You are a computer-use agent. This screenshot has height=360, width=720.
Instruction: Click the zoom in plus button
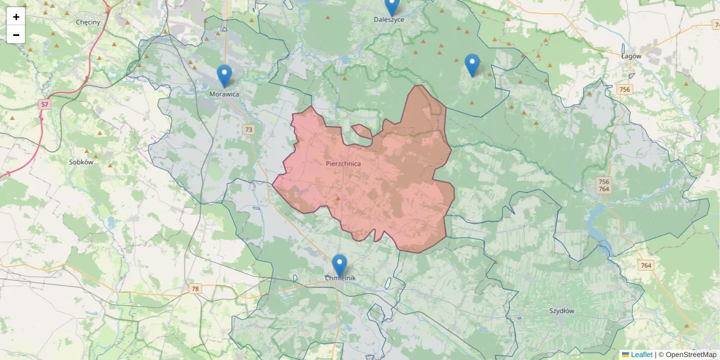coord(16,17)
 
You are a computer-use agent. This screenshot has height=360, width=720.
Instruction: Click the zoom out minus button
coord(16,35)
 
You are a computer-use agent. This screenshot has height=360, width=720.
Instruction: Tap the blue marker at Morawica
coord(224,76)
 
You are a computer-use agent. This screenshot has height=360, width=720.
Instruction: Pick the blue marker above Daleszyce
coord(392,6)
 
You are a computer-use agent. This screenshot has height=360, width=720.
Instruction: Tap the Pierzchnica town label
coord(344,163)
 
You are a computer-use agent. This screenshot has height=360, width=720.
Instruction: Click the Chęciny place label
coord(88,22)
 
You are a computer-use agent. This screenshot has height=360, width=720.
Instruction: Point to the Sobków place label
coord(82,162)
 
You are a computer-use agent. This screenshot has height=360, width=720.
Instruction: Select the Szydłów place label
coord(562,311)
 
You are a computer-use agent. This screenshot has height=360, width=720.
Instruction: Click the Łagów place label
coord(631,56)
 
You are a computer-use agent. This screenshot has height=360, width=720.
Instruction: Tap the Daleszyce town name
coord(389,20)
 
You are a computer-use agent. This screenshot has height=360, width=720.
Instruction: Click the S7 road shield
coord(44,104)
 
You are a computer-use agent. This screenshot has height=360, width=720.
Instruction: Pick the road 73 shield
coord(249,130)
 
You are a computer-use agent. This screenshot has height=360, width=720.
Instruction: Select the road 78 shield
coord(195,289)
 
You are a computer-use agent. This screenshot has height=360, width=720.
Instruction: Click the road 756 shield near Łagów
coord(625,89)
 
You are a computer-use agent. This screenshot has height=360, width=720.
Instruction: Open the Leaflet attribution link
coord(641,355)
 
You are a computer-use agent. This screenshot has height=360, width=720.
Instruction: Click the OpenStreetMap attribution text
coord(691,355)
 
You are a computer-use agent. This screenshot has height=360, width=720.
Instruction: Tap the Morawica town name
coord(224,94)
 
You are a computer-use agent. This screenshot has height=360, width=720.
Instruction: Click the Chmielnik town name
coord(340,278)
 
